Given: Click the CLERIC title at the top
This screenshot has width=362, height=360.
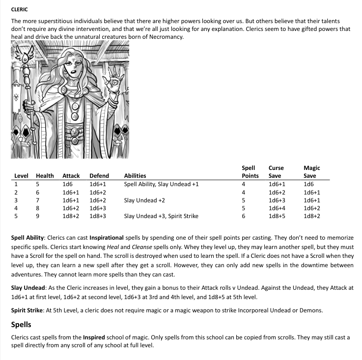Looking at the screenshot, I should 19,9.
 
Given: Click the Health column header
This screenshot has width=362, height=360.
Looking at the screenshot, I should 45,175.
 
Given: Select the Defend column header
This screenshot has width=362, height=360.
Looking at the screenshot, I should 99,175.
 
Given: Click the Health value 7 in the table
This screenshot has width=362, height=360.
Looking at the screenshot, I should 38,200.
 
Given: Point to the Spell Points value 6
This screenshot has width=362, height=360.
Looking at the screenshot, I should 244,216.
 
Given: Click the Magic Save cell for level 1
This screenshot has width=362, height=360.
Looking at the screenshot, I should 308,184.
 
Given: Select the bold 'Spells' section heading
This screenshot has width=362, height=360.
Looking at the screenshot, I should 21,325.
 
